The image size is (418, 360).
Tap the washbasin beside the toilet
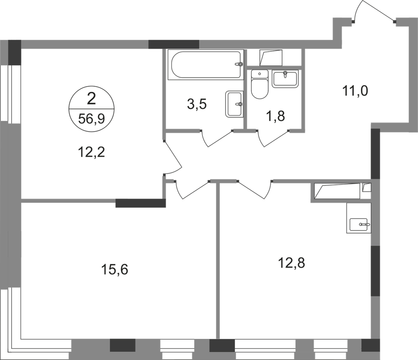click(286, 79)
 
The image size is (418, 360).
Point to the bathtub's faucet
click(238, 64)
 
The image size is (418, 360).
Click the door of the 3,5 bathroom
click(217, 139)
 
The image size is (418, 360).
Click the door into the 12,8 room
click(254, 188)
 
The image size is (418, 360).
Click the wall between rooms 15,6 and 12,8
click(218, 262)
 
